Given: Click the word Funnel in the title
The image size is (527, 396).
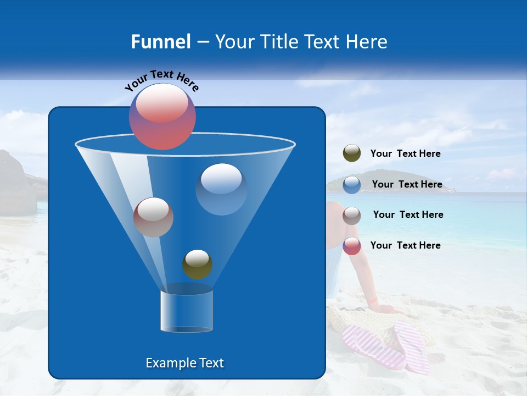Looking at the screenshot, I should (160, 42).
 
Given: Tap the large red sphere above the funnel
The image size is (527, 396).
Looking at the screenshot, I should (162, 117).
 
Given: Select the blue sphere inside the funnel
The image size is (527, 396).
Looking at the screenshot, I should (221, 189).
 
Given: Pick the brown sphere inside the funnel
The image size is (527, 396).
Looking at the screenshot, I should (153, 217).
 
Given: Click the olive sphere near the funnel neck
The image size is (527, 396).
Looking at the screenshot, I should (197, 264).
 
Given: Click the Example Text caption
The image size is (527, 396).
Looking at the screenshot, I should (184, 363).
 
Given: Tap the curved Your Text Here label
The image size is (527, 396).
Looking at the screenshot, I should (161, 80).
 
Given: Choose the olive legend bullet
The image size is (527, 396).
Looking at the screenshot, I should (351, 153).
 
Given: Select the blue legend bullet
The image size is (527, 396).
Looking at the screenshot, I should (351, 184).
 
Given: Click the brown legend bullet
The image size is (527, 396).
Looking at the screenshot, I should (351, 215).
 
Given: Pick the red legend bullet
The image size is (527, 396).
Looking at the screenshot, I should (351, 246).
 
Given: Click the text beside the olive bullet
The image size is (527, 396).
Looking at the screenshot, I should (405, 153).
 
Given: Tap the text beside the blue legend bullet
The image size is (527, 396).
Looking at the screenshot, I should (407, 184).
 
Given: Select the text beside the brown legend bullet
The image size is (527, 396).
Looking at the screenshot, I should (408, 215).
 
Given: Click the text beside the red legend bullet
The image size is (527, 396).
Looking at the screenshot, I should (405, 245).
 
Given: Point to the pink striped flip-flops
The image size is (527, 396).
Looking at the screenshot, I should (386, 346).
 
